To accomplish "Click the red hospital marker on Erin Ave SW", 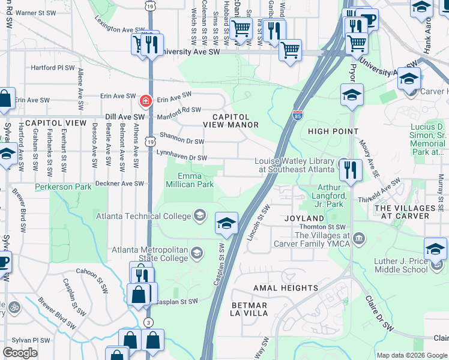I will [x=145, y=100].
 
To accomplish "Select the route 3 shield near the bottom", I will [x=148, y=323].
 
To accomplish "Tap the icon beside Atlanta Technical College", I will [x=199, y=216].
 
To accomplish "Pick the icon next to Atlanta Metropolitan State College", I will [x=196, y=253].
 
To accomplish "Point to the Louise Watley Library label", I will [x=297, y=165].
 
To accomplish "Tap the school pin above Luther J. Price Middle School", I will [x=435, y=248].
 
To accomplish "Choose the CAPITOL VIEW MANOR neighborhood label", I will [x=231, y=121].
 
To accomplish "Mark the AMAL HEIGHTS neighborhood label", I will [x=285, y=288].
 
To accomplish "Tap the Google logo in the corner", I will [x=20, y=353].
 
